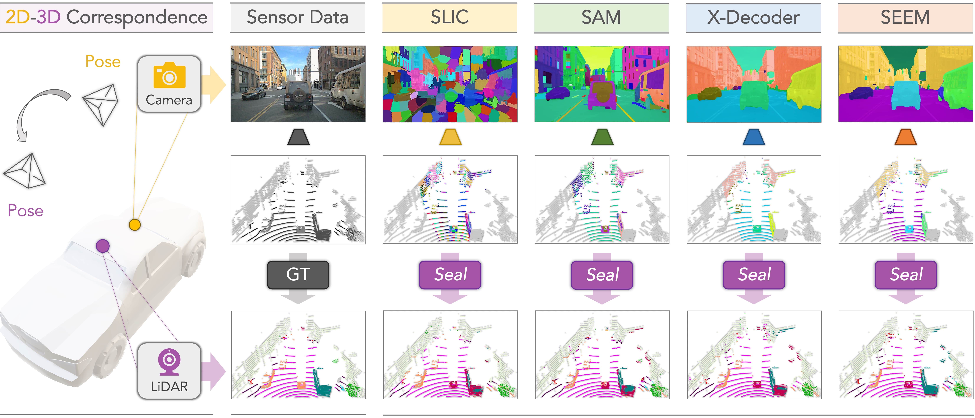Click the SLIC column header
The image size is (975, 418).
coord(450,17)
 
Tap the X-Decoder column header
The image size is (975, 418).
coord(753,17)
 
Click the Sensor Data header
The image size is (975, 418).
coord(297,17)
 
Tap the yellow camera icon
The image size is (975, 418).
coord(169,75)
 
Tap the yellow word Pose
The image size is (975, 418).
coord(103,61)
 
